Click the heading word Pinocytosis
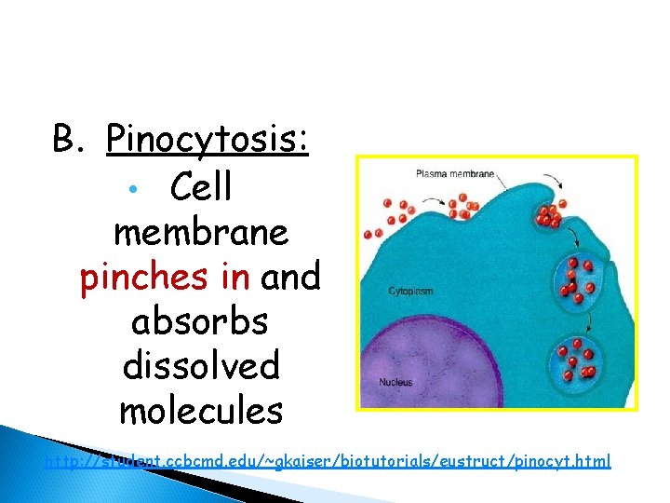coord(208,141)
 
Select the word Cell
coord(201,187)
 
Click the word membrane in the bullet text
coord(200,232)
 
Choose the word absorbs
coord(199,320)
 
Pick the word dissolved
coord(200,365)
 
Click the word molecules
coord(200,410)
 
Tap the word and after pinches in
coord(291,277)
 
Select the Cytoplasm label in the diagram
coord(409,292)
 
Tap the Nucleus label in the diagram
coord(395,382)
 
